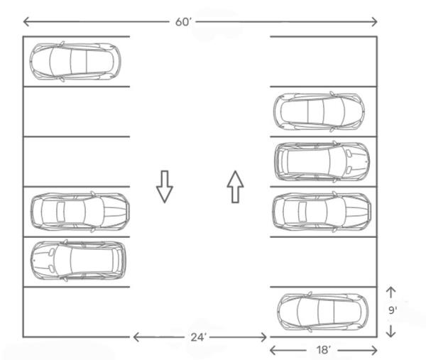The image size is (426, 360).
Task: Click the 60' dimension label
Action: pos(183,22)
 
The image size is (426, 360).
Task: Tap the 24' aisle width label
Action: pos(198,337)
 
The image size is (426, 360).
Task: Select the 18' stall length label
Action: pos(324,350)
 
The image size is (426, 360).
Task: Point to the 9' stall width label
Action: pos(393,310)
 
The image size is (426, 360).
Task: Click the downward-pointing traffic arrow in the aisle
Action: pos(165,187)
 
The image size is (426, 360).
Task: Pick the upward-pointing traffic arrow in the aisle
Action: pos(235,187)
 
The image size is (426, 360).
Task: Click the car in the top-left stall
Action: pos(75,62)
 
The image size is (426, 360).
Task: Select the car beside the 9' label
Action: pos(323,312)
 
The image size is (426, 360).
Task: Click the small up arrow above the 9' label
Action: pos(390,292)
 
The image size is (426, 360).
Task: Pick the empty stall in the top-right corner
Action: pos(323,61)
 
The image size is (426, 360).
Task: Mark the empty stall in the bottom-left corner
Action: pos(77,312)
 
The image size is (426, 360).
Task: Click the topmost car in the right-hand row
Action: pos(319,111)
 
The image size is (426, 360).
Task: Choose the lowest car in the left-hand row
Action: pos(78,261)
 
